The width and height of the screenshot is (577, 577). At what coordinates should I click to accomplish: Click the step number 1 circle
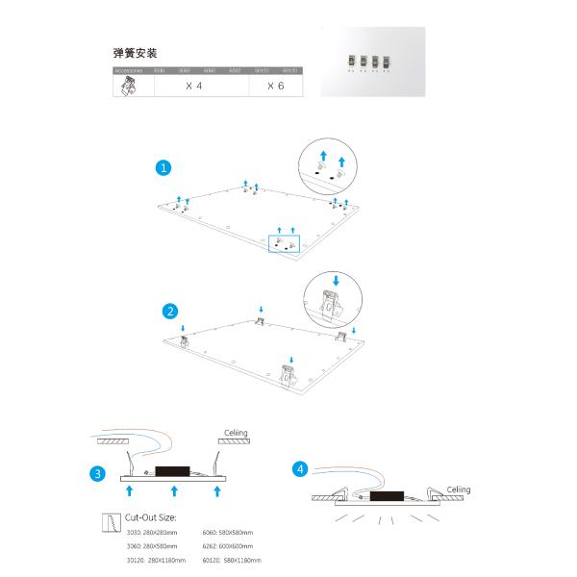pos(164,166)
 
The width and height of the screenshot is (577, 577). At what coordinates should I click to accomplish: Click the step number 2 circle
pos(170,311)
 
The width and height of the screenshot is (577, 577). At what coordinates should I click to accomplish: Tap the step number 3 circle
pos(97,474)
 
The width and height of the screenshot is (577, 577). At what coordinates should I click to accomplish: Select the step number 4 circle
pos(302,468)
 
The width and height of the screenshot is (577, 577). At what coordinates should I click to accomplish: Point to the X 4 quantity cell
pos(193,86)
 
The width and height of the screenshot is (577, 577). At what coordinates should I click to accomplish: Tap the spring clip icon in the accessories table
pos(126,86)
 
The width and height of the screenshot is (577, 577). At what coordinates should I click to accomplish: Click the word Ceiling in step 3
pos(235,434)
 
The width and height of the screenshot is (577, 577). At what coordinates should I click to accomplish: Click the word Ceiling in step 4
pos(458,489)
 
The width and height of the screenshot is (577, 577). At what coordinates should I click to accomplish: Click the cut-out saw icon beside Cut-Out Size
pos(110,522)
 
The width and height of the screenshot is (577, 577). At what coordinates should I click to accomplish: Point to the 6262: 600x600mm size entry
pos(228,546)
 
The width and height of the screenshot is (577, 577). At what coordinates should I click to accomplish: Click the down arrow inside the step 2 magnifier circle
pos(336,282)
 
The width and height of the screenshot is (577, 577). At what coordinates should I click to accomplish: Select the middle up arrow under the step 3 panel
pos(174,490)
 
